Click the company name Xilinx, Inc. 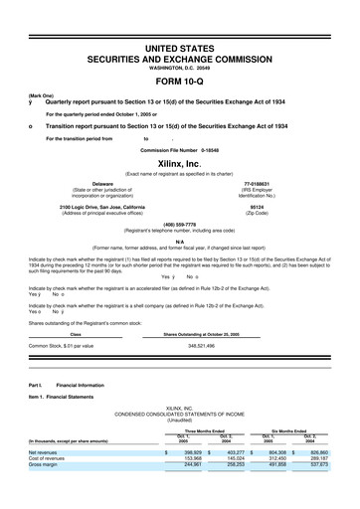[x=180, y=162]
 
